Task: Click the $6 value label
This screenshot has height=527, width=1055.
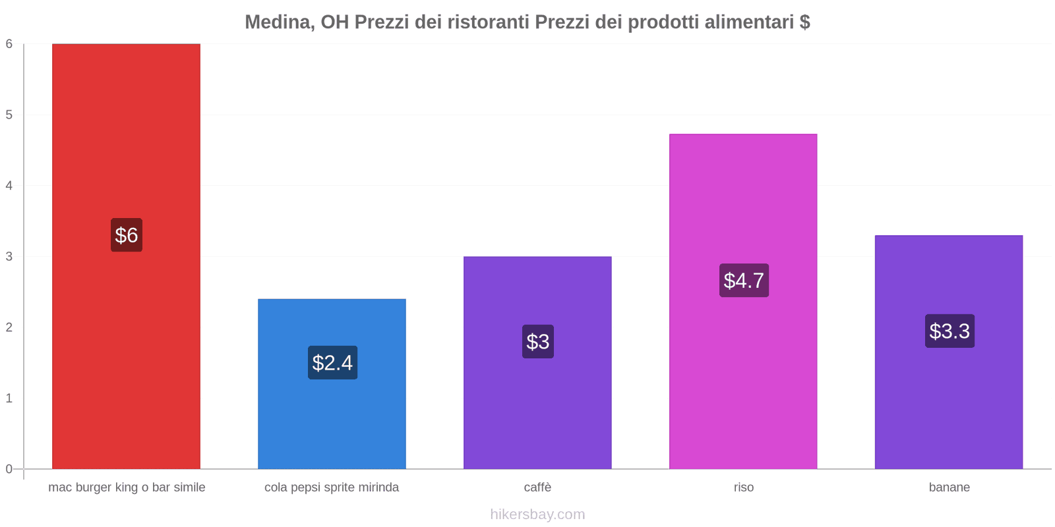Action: (126, 235)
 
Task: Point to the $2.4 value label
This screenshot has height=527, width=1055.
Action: (332, 362)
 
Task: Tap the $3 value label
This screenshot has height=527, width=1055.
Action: (537, 341)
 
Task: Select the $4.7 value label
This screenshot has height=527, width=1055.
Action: (743, 280)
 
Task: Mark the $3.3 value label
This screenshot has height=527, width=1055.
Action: (949, 331)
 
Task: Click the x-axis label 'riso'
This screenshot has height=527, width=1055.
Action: (743, 487)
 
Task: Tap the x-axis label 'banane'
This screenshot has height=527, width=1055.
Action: (949, 487)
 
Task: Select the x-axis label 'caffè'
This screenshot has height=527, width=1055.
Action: (537, 487)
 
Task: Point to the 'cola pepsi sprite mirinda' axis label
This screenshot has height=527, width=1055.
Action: (332, 487)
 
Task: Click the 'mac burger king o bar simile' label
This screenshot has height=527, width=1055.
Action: (127, 487)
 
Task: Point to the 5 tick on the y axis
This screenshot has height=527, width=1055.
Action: (9, 115)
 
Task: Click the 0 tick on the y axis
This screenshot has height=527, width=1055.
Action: (9, 469)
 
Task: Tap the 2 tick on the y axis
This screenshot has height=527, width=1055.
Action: (9, 327)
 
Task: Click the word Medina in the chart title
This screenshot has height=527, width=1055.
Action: (278, 22)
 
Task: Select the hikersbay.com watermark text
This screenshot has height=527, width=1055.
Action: (537, 514)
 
